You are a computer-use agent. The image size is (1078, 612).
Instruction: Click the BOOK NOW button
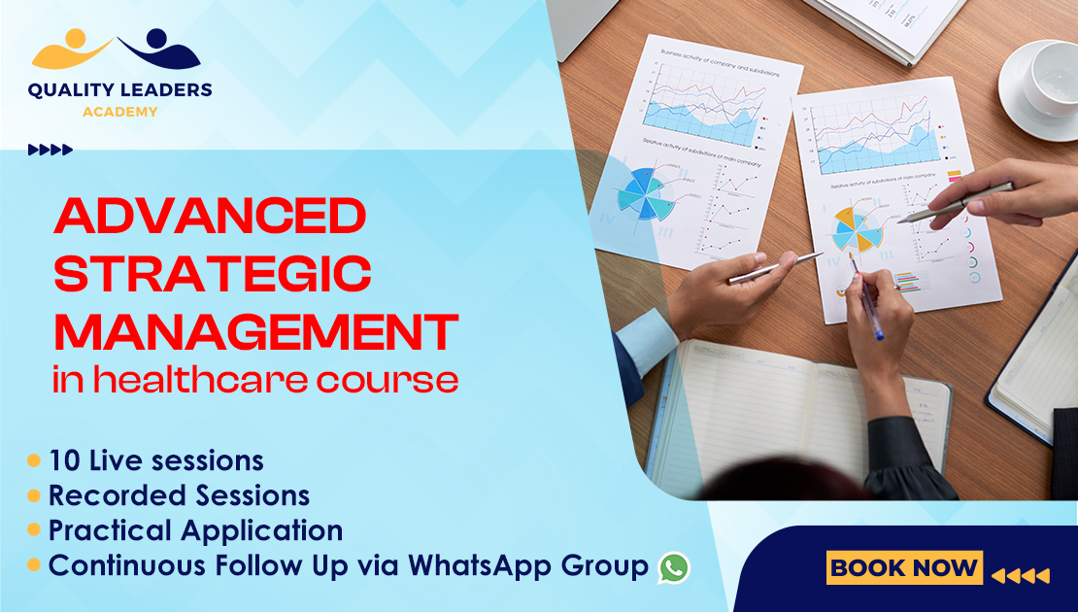904,567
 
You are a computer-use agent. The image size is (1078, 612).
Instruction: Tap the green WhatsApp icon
673,567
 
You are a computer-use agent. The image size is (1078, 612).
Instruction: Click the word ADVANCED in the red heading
209,216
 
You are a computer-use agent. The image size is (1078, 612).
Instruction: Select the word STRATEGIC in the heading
212,274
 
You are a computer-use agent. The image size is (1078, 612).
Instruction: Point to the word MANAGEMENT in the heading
255,331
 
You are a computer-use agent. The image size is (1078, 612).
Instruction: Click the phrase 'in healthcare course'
255,380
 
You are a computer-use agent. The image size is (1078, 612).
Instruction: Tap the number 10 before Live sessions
64,459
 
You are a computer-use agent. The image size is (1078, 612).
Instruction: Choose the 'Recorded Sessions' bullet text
179,495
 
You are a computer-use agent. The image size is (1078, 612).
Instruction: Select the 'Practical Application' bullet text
195,530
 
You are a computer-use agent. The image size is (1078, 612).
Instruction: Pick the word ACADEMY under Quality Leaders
119,112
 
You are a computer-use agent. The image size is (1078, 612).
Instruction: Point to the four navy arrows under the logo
51,150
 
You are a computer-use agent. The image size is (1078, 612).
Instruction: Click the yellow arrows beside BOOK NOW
1020,576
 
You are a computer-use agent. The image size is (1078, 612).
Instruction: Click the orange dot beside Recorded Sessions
34,495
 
